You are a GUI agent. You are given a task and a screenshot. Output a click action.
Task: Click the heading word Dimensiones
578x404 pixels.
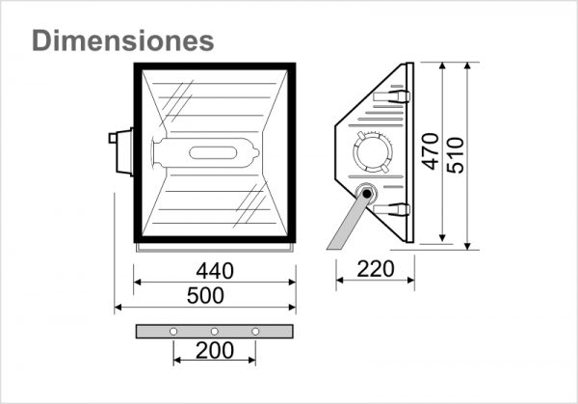coord(122,40)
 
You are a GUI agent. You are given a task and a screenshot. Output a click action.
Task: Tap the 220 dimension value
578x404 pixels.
coord(375,269)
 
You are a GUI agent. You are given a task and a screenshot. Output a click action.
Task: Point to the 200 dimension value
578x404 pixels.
coord(214,350)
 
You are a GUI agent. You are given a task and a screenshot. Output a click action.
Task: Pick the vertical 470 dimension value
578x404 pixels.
coord(431,151)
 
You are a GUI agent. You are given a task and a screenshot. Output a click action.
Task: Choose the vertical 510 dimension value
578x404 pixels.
coord(457,151)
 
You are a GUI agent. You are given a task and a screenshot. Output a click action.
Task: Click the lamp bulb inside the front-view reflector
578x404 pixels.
coord(206,152)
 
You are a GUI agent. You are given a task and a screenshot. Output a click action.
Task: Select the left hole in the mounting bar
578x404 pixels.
coord(172,332)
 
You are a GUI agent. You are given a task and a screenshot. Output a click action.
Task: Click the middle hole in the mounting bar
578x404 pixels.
coord(214,332)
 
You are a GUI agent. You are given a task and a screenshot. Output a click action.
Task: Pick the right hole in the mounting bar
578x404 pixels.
coord(255,332)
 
